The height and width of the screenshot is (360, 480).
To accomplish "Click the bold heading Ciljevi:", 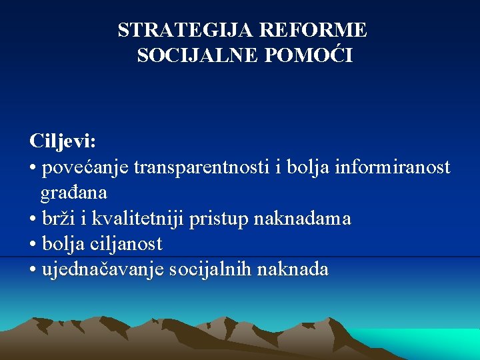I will [63, 141].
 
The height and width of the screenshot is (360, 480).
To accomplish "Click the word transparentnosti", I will [202, 167].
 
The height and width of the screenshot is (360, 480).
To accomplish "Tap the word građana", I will [73, 193].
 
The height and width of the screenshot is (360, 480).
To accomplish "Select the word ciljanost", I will [131, 244].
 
